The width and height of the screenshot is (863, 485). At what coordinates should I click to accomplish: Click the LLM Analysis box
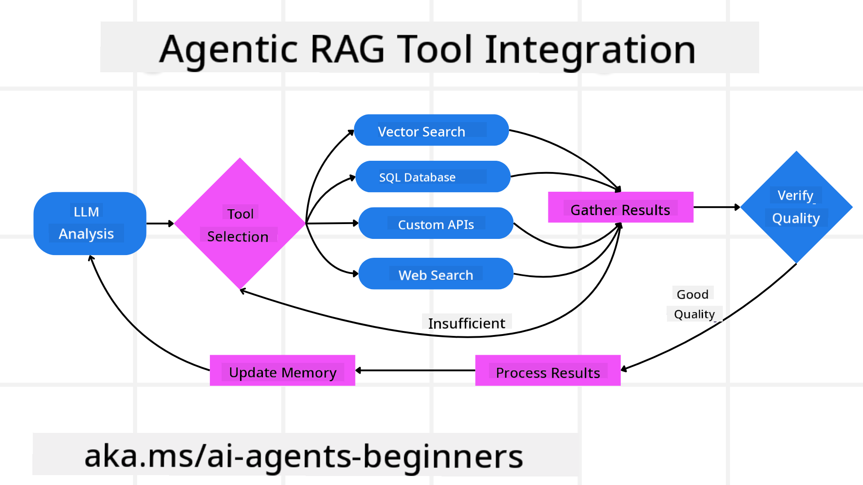tap(89, 223)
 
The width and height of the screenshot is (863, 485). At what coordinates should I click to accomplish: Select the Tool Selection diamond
tap(240, 224)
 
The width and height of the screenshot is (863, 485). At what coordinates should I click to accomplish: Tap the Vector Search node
tap(431, 131)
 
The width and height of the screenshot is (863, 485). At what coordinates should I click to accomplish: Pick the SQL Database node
tap(432, 177)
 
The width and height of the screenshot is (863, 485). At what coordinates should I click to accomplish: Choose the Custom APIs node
tap(436, 224)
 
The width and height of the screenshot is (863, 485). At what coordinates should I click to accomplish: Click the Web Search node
tap(436, 274)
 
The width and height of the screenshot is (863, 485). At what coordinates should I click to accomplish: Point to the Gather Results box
tap(620, 208)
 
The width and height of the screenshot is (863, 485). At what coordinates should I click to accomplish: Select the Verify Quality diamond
tap(796, 207)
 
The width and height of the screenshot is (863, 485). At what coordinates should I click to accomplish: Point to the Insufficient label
tap(466, 323)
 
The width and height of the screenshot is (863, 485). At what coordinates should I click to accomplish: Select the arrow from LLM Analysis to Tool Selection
tap(160, 223)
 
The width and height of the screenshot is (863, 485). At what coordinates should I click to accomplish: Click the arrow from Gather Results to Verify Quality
tap(716, 207)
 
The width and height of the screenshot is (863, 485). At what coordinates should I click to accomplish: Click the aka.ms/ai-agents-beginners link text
tap(304, 456)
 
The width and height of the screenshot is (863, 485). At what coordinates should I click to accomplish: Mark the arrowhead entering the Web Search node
tap(355, 273)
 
